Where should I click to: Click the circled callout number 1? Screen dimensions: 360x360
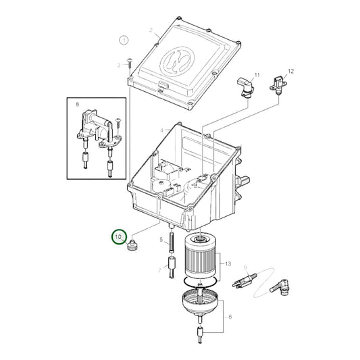(x=124, y=41)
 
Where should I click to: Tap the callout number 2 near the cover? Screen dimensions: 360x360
(x=151, y=31)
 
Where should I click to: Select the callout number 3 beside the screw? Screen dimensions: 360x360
(x=118, y=65)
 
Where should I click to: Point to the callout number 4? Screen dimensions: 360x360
(x=162, y=130)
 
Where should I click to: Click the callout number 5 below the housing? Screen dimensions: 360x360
(x=161, y=240)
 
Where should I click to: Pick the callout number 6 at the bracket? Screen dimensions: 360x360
(x=230, y=316)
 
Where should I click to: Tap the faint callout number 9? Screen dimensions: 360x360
(x=246, y=268)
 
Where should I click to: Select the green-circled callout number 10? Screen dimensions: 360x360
(x=119, y=237)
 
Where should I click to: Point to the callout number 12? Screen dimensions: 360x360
(x=291, y=70)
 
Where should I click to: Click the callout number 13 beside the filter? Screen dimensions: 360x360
(x=228, y=263)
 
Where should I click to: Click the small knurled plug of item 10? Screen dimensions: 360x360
(x=132, y=246)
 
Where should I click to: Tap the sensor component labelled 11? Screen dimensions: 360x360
(x=245, y=87)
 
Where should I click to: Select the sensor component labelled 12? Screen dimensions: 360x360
(x=279, y=88)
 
